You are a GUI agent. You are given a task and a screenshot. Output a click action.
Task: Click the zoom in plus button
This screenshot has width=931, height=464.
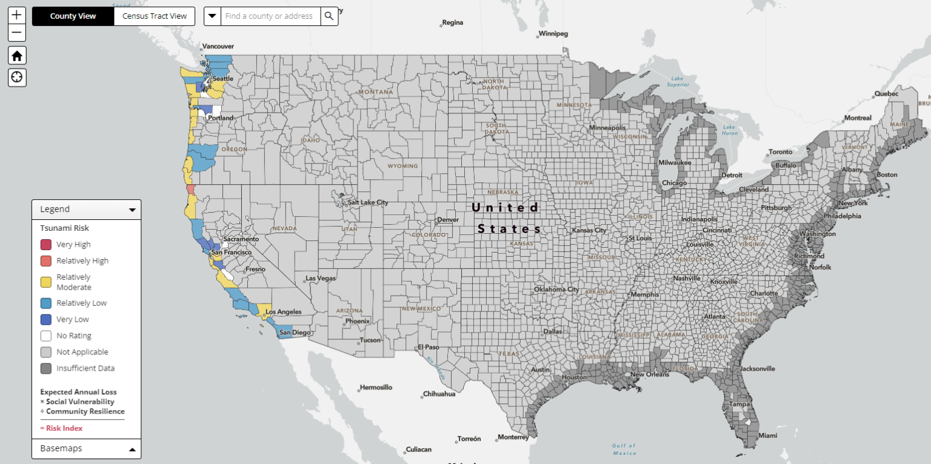click(x=17, y=15)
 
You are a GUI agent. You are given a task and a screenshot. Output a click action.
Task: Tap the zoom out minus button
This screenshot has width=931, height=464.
click(x=17, y=33)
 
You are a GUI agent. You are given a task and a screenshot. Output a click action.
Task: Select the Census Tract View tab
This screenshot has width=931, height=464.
click(x=155, y=16)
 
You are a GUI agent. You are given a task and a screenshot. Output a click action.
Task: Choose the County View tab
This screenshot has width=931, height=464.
click(x=73, y=16)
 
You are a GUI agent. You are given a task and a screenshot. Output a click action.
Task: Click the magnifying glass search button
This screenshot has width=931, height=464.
click(x=329, y=16)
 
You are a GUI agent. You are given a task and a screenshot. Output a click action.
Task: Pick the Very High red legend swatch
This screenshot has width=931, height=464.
click(x=46, y=245)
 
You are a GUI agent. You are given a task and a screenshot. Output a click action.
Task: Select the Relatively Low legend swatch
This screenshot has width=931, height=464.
click(x=46, y=303)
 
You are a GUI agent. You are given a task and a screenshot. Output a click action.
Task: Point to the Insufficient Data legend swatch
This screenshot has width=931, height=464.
click(x=46, y=368)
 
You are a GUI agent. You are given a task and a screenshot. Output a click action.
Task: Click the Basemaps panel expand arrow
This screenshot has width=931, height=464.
click(x=132, y=449)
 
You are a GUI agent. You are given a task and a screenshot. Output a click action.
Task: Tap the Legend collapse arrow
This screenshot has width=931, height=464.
click(x=132, y=210)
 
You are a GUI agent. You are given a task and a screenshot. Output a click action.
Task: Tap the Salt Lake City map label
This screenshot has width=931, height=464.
click(x=367, y=202)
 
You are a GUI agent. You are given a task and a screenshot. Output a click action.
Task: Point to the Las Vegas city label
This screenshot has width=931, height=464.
click(x=321, y=279)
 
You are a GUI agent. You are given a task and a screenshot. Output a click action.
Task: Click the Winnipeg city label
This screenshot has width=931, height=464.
click(x=553, y=34)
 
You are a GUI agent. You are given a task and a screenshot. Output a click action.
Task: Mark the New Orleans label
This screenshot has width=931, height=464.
click(x=650, y=374)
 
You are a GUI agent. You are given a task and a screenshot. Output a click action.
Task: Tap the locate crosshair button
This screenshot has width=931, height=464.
click(x=17, y=77)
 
